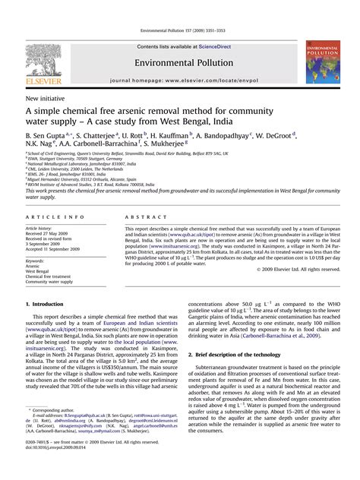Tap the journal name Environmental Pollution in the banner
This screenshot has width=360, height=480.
(x=180, y=60)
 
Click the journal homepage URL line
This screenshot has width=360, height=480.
(x=180, y=79)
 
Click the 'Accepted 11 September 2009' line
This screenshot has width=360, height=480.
(x=55, y=249)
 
